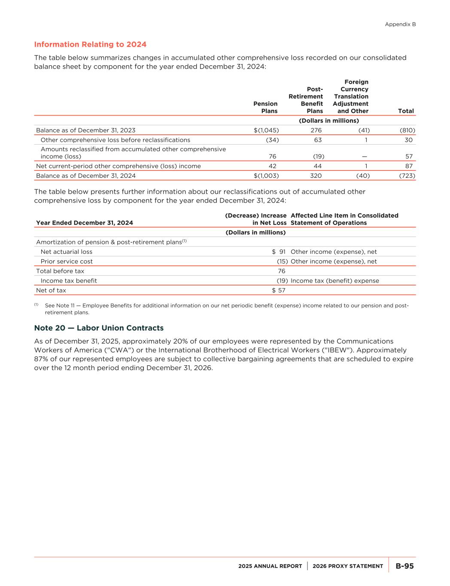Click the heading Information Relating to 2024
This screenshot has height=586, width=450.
tap(90, 44)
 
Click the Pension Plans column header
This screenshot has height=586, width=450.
tap(265, 107)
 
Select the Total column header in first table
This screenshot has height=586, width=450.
tap(406, 111)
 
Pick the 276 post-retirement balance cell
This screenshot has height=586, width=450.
tap(316, 130)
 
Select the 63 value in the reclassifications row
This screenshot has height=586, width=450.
tap(318, 140)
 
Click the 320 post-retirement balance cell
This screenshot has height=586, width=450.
tap(316, 176)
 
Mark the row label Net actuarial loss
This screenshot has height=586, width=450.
tap(67, 252)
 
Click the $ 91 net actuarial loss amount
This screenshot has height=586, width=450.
tap(279, 252)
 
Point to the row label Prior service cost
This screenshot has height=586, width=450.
tap(67, 261)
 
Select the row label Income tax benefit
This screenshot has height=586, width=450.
tap(69, 281)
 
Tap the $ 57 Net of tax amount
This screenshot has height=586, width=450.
tap(279, 290)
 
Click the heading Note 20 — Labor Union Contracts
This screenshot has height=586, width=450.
tap(99, 328)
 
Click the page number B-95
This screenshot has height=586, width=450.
tap(404, 566)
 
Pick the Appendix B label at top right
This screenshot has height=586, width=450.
tap(400, 24)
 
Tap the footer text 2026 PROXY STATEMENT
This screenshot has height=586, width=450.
tap(348, 566)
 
